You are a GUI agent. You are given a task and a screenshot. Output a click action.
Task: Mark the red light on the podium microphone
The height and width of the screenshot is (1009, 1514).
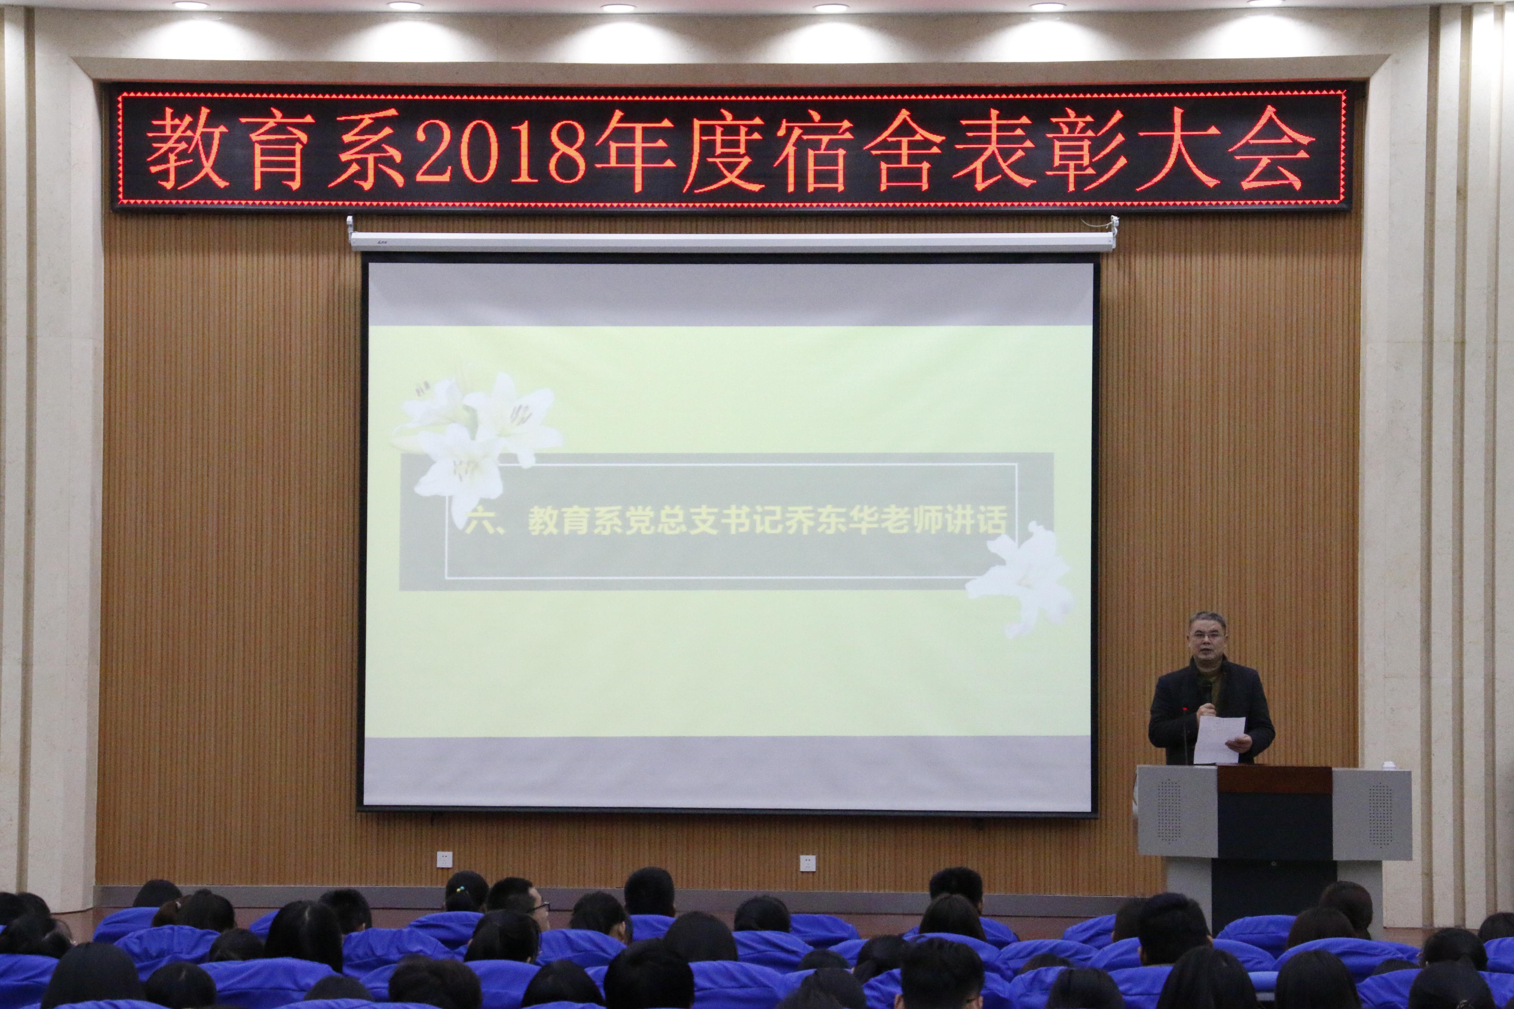coord(1185,709)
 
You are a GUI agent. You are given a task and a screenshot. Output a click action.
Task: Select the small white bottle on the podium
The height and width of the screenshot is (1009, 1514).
coord(1389,765)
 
